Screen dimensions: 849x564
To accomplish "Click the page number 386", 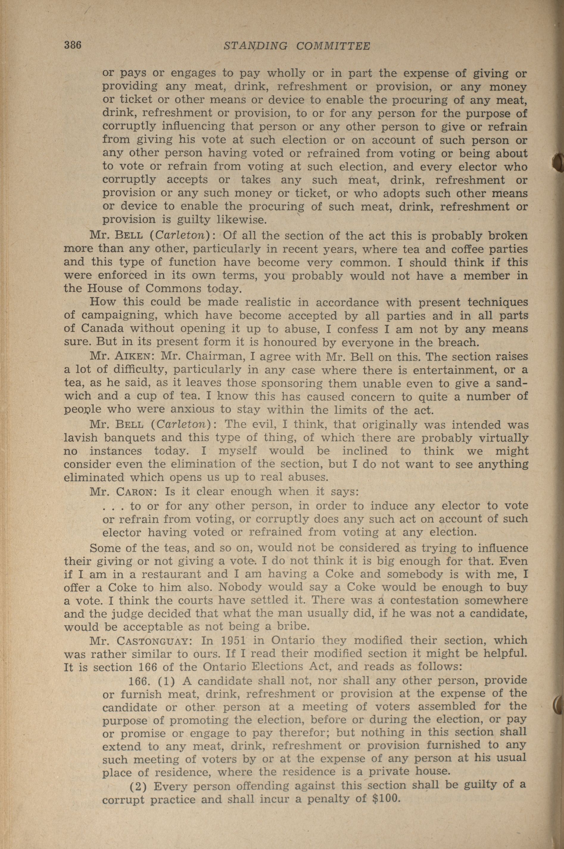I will click(73, 45).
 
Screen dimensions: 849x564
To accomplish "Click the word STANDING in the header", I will click(255, 46).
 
